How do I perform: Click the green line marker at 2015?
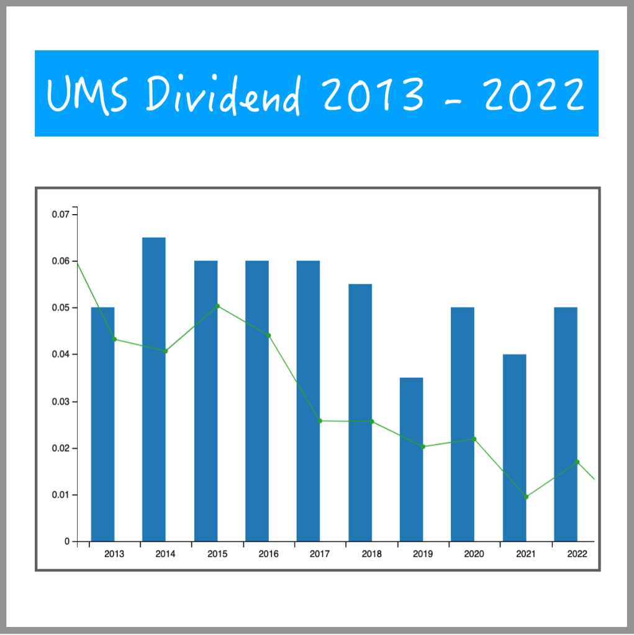click(217, 306)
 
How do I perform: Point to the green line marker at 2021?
click(526, 497)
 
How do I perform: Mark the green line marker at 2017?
click(320, 421)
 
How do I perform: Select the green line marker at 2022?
click(577, 462)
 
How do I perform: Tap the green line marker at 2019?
click(423, 446)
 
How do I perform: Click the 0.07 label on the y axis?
click(60, 215)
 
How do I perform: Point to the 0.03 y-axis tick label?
click(60, 402)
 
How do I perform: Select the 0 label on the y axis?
click(66, 542)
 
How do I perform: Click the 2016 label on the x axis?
click(268, 554)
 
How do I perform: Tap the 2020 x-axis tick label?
click(474, 554)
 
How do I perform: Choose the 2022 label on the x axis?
click(577, 554)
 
